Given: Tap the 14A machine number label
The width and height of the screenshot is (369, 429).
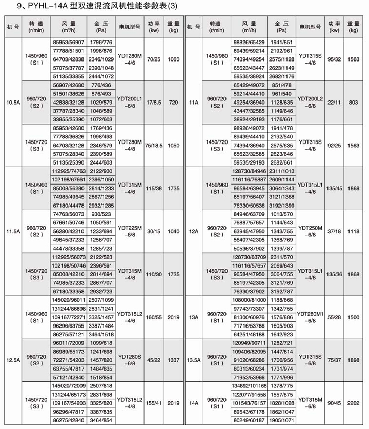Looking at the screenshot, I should (x=194, y=404).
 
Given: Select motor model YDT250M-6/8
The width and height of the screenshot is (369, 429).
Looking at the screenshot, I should (x=313, y=231).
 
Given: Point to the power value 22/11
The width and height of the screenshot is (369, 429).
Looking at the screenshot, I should (x=335, y=103).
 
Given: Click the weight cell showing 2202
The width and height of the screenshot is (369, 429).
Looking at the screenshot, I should (x=356, y=404).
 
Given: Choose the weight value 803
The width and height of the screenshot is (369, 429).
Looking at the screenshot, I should (x=356, y=103).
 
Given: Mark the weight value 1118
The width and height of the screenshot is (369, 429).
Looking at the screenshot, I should (x=356, y=231).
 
